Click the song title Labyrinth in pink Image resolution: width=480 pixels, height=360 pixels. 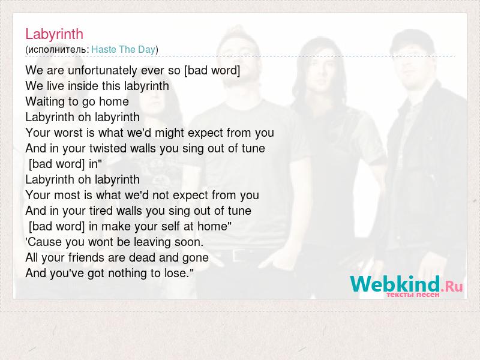(54, 34)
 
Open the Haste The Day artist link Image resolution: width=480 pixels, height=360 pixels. (124, 49)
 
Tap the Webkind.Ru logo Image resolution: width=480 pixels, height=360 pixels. (406, 284)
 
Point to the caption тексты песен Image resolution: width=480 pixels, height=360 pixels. (413, 295)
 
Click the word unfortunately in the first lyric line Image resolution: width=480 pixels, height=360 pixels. (102, 71)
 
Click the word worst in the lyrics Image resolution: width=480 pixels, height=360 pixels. (68, 133)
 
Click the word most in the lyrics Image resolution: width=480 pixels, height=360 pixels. (67, 196)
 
